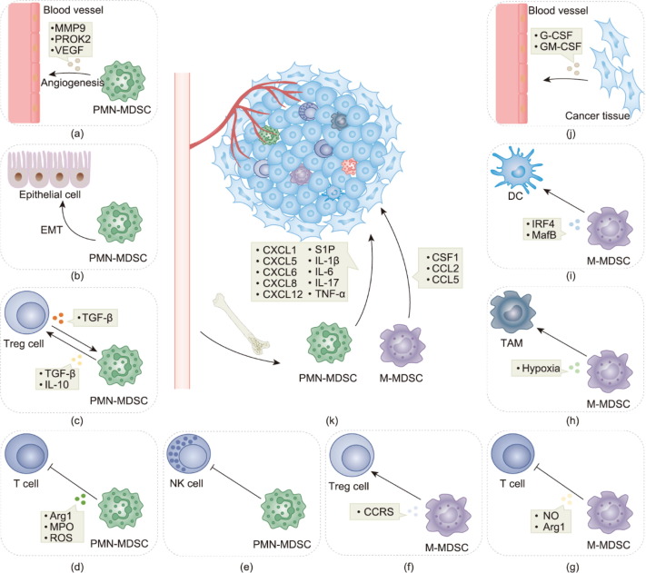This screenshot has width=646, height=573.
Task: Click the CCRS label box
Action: tap(378, 512)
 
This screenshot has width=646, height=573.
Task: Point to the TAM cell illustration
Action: tap(526, 314)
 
